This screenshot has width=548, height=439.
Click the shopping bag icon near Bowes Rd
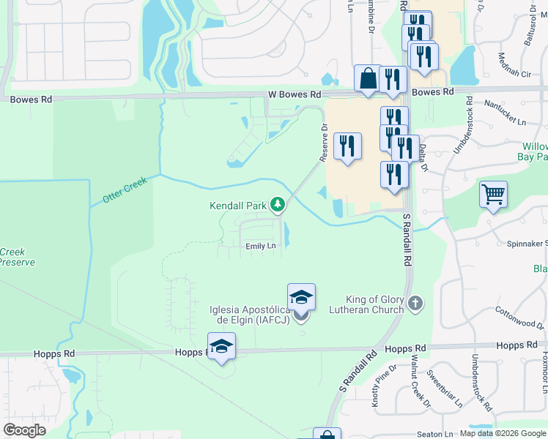(x=367, y=79)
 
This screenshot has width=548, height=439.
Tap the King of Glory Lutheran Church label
(x=377, y=304)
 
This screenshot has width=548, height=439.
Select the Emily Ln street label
(x=261, y=246)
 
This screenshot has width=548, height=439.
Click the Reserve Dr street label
(x=322, y=142)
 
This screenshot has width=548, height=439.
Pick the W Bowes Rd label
(x=295, y=94)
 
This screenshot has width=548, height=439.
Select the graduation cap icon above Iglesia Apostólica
(x=301, y=296)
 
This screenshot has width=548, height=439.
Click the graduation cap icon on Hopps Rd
(x=221, y=346)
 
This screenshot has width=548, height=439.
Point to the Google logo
(x=25, y=429)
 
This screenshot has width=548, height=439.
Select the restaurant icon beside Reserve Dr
(x=348, y=146)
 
